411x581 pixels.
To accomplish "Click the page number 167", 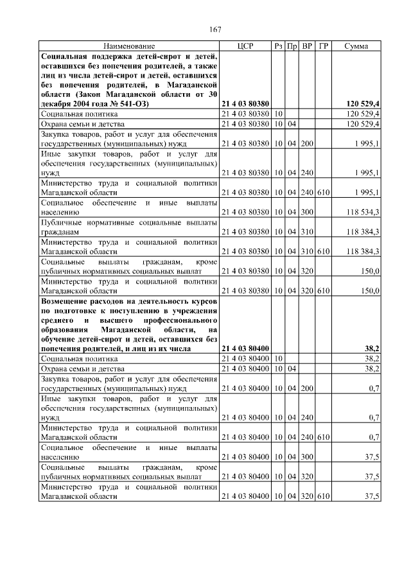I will (215, 30).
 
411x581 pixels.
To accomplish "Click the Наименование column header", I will (129, 47).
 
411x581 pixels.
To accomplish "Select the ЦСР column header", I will (246, 47).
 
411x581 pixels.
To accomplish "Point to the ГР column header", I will (323, 47).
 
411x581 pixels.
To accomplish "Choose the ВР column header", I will (307, 47).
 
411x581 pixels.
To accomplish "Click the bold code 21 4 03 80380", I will (245, 103).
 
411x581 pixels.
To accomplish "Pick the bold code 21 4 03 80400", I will (245, 348).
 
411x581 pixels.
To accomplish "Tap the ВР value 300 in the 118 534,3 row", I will (307, 211).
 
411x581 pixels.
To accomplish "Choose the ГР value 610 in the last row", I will (323, 497).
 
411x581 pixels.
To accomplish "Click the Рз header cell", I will (279, 47).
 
